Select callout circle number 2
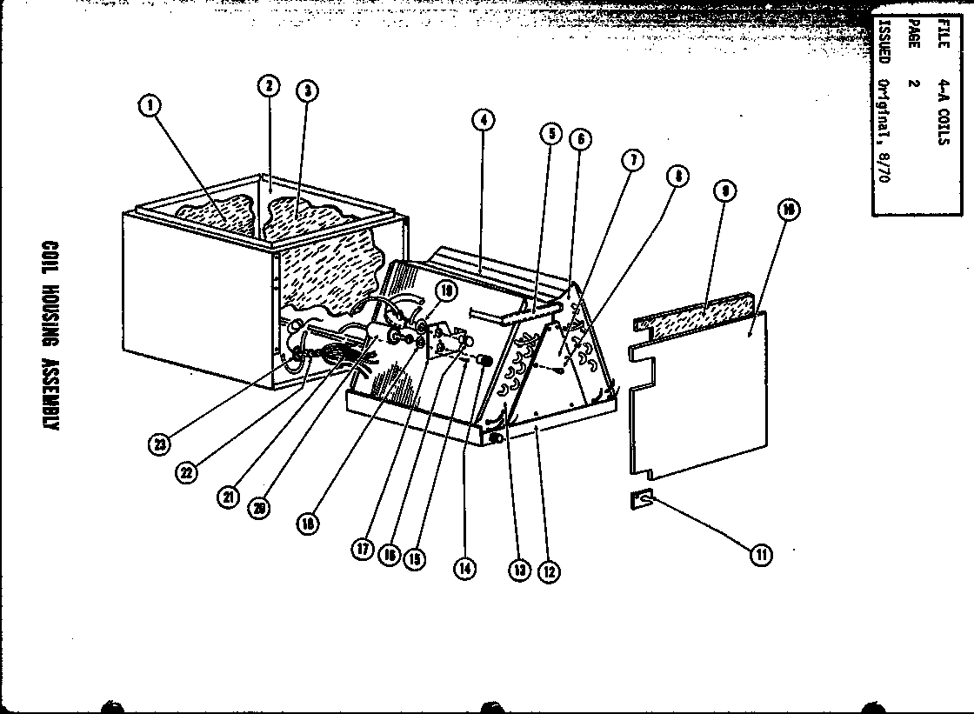[269, 85]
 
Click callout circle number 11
[760, 553]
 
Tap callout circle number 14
[464, 569]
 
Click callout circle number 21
[229, 497]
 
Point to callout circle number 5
[550, 134]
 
